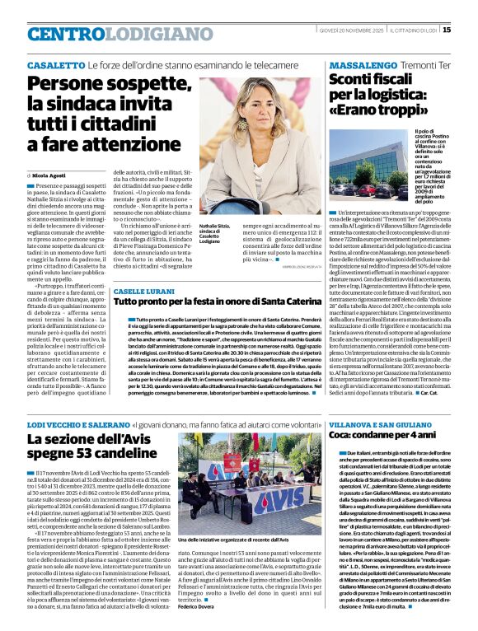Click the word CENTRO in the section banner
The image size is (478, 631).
tap(66, 34)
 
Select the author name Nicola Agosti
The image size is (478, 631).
tap(49, 175)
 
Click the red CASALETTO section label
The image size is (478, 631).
tap(55, 64)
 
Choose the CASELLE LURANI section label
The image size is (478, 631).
tap(143, 292)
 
